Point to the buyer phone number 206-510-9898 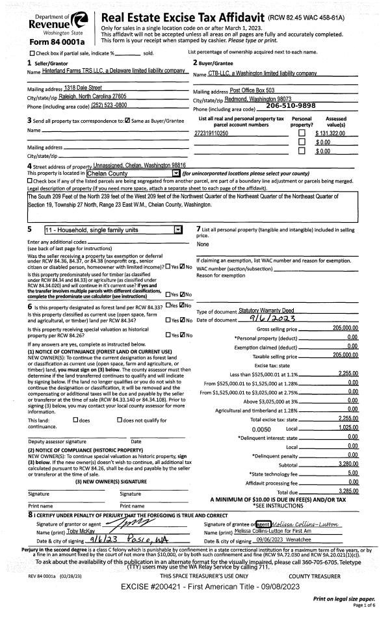[x=291, y=105]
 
